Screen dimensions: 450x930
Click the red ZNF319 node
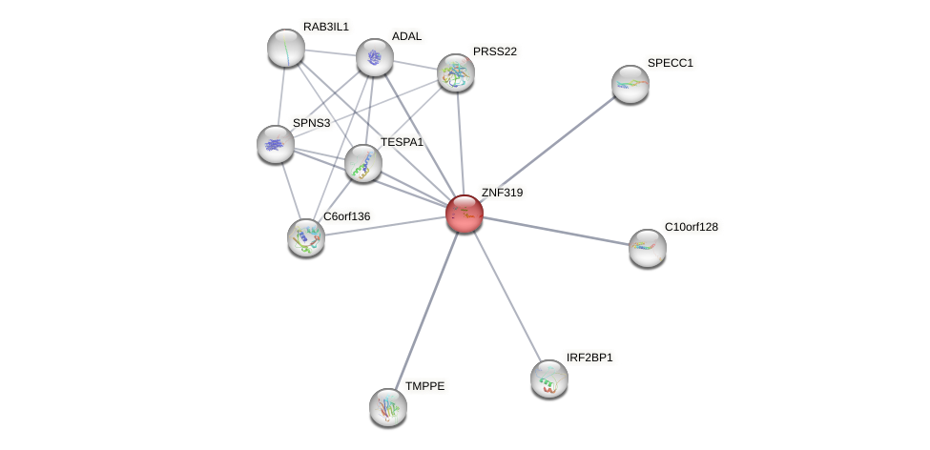tap(465, 214)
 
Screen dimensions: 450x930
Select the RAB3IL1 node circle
tap(286, 48)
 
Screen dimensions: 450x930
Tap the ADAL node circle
tap(375, 57)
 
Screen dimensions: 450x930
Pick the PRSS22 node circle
tap(456, 72)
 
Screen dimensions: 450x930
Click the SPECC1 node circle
tap(630, 84)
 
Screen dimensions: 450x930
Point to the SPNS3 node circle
tap(276, 144)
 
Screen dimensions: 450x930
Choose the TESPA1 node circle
tap(363, 163)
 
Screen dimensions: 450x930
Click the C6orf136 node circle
tap(306, 237)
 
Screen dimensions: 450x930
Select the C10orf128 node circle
tap(648, 248)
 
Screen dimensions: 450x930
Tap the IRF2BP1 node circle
tap(549, 378)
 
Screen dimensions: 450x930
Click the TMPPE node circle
tap(388, 407)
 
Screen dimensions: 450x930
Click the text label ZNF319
tap(502, 193)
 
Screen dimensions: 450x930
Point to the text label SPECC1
tap(671, 63)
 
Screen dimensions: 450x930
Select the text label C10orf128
tap(692, 227)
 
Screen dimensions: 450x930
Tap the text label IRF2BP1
tap(589, 358)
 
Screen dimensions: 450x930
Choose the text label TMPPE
tap(424, 386)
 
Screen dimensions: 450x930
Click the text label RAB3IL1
tap(326, 27)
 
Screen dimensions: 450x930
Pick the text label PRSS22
tap(495, 51)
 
